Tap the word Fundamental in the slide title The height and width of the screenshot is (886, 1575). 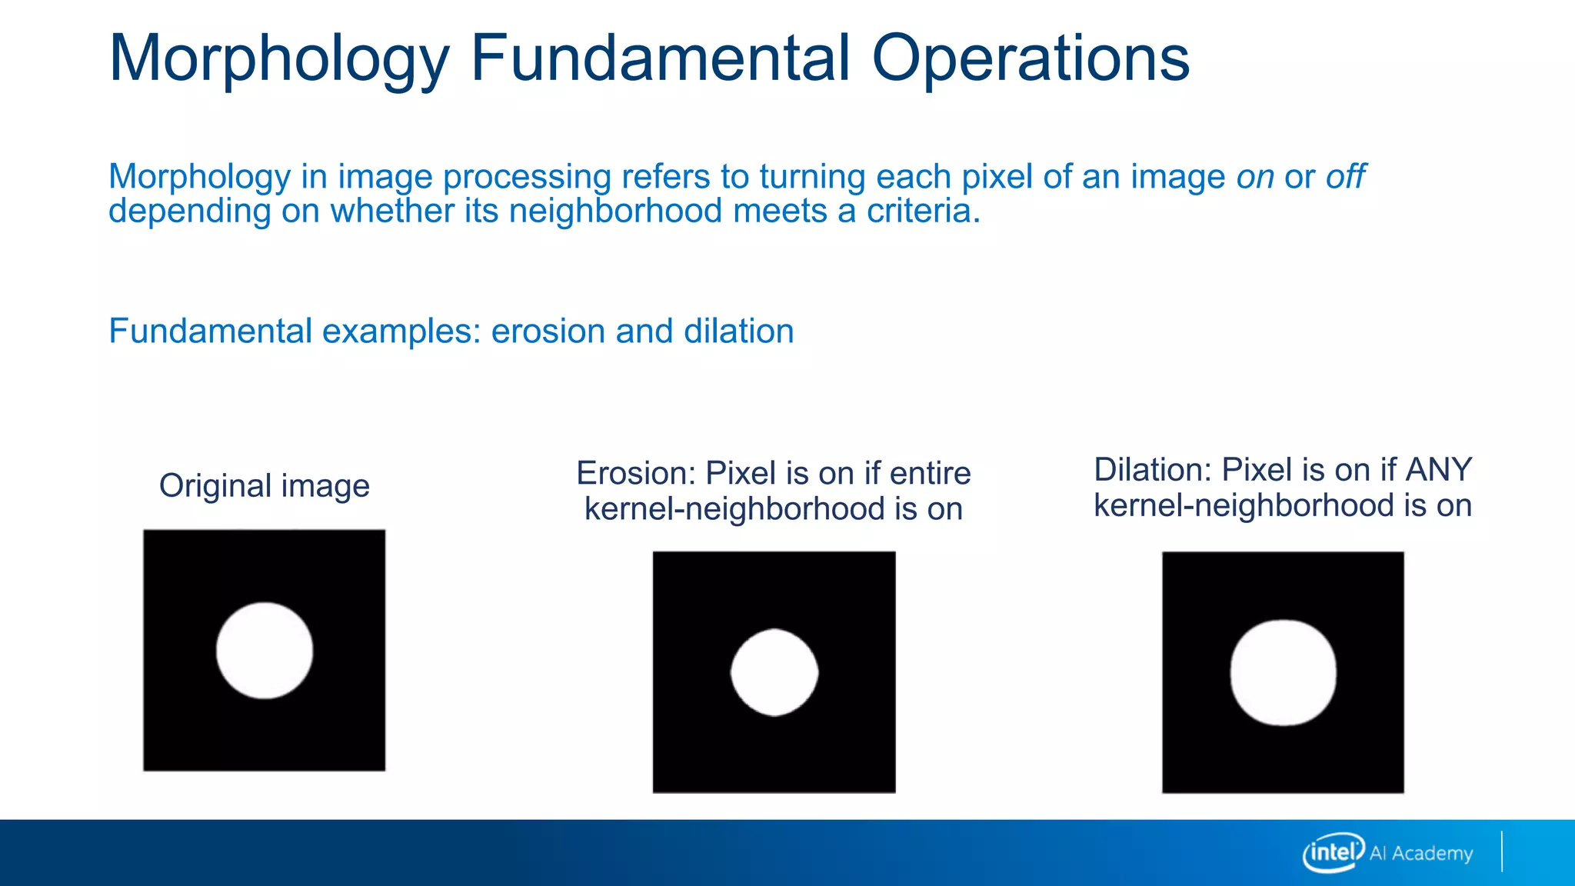point(660,58)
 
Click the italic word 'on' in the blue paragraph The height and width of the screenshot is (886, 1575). point(1255,178)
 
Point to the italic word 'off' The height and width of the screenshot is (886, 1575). point(1346,177)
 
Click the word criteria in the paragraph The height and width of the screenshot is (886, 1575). point(923,211)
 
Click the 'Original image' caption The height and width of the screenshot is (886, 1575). point(264,486)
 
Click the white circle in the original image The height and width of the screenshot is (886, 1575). point(265,651)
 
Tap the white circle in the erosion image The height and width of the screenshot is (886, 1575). point(774,673)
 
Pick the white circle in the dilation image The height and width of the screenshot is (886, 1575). point(1283,673)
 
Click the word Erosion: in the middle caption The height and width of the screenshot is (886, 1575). point(636,474)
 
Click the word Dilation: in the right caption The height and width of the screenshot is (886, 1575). point(1153,470)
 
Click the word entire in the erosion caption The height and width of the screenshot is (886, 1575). point(930,474)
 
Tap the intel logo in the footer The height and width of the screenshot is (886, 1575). point(1333,852)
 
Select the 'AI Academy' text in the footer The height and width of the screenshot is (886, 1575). point(1421,854)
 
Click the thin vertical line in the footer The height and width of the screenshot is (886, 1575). point(1501,851)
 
